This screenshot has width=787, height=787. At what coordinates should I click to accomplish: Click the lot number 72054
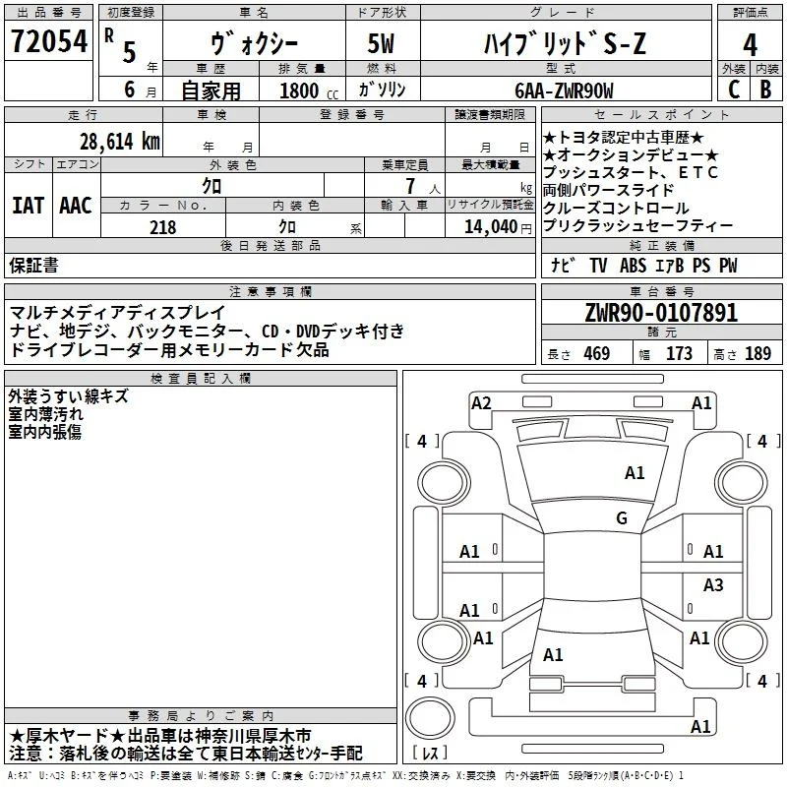(x=49, y=40)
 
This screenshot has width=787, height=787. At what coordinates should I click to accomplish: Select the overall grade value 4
(x=750, y=44)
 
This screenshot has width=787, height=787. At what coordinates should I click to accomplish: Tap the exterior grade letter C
(x=734, y=90)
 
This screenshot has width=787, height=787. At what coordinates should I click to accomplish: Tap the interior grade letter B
(x=765, y=90)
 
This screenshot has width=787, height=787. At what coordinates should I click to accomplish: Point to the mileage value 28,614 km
(x=119, y=142)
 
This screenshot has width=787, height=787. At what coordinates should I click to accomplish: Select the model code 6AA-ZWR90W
(x=564, y=91)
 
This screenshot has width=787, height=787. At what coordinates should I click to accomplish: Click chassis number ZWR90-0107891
(x=661, y=313)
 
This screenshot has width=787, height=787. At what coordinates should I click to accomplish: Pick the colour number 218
(x=162, y=227)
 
